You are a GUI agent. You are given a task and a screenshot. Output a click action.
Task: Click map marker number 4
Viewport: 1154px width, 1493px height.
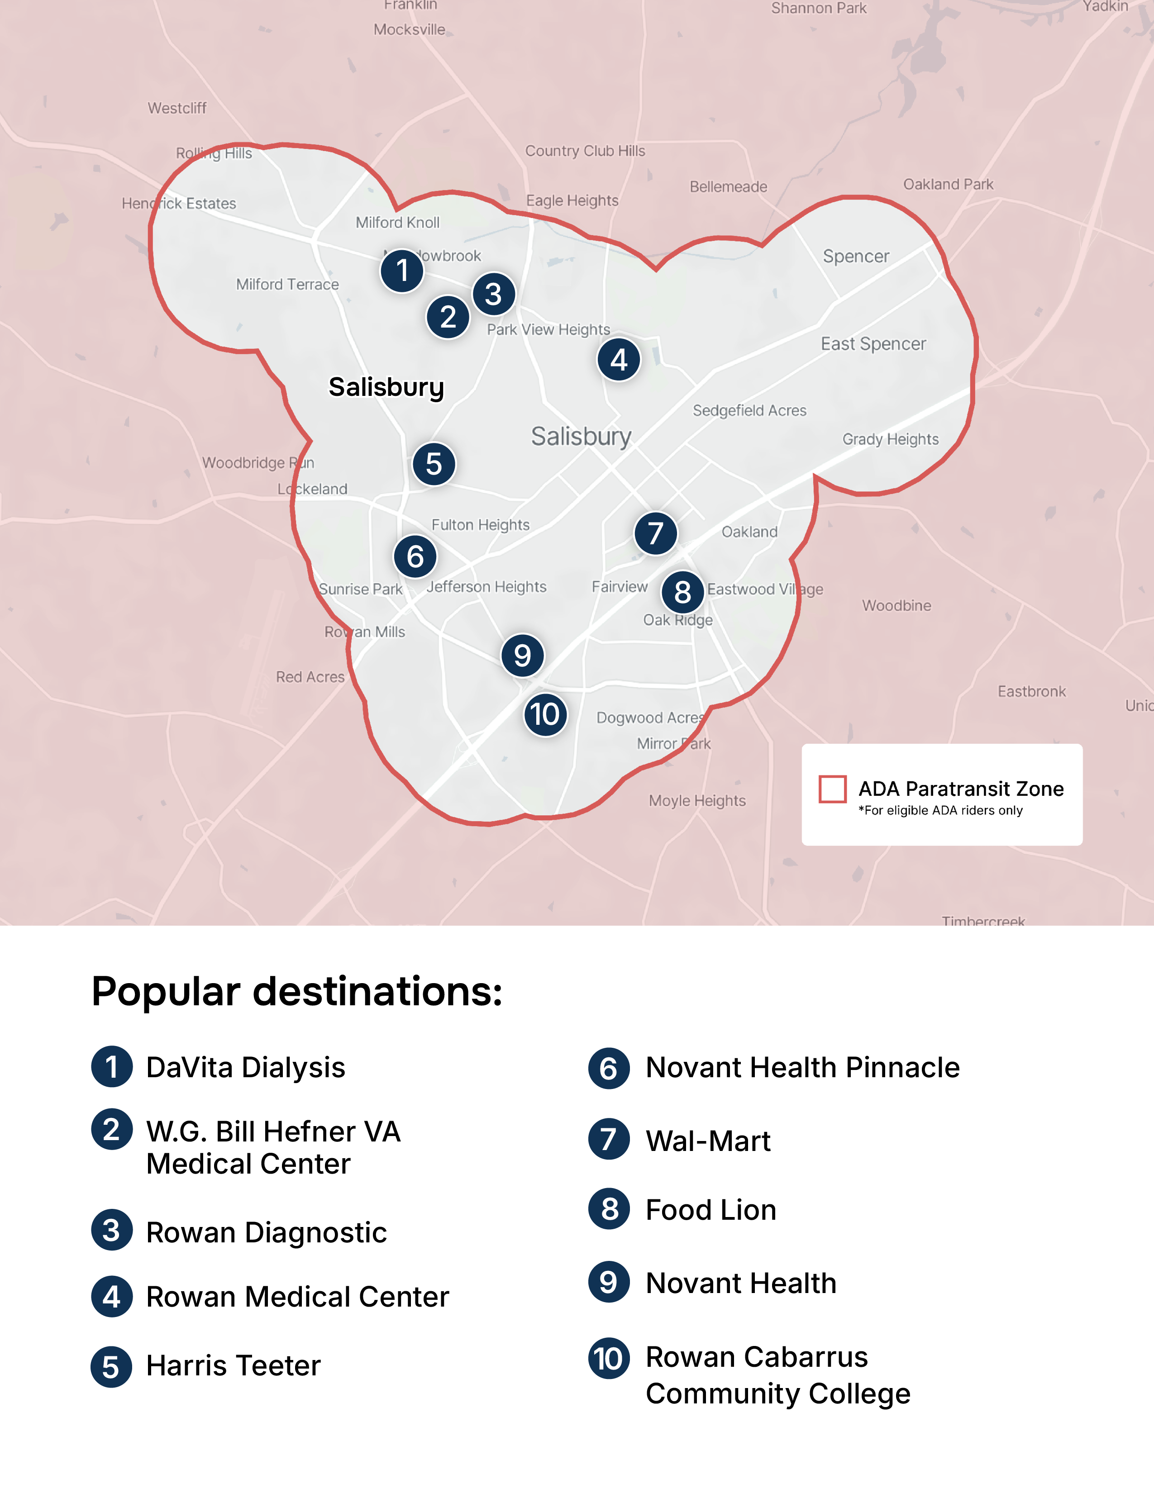pos(619,360)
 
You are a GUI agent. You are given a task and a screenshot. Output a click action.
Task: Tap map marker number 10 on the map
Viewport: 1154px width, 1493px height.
pos(545,715)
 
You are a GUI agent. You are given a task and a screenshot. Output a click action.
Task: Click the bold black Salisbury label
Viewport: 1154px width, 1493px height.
pos(386,387)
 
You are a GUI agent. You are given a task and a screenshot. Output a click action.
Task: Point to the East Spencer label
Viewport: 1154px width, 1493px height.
pos(873,344)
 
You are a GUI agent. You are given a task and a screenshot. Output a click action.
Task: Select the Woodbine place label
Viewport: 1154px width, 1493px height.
pos(896,606)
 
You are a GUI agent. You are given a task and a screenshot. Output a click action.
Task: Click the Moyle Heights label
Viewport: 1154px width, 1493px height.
pos(696,800)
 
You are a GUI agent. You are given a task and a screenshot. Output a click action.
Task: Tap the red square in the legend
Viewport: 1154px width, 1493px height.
pos(832,789)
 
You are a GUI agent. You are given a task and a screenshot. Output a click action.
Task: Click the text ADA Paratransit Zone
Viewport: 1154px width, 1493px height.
pos(960,789)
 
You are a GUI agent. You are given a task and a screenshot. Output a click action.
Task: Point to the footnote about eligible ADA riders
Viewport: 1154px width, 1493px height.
pos(940,811)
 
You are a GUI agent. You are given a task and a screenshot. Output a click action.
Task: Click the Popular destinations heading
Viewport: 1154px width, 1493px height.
pos(297,991)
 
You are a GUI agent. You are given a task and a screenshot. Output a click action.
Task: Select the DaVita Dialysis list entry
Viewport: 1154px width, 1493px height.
pos(245,1068)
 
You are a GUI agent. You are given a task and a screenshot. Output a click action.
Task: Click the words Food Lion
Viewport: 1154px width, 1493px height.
pos(711,1210)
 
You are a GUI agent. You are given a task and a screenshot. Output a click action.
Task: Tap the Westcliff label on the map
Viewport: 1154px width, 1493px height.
pos(177,108)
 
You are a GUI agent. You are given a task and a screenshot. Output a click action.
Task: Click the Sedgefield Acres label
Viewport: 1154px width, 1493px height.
pos(749,411)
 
